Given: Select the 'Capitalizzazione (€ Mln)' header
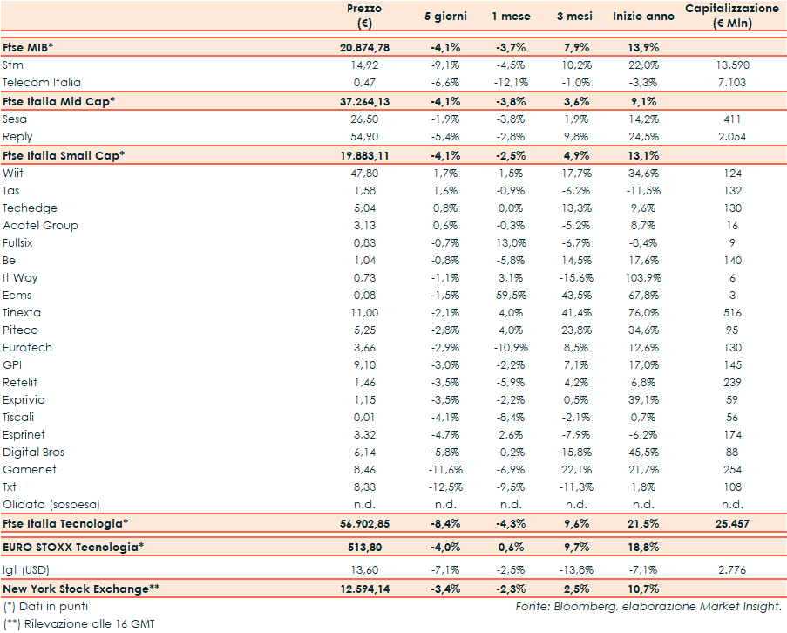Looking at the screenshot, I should [x=731, y=16].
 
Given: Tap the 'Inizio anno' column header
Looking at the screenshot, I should [x=643, y=17].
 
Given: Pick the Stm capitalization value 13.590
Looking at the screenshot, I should [x=732, y=65].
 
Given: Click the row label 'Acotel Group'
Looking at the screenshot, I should [x=40, y=225].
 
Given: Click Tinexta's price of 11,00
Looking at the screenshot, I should [x=363, y=312].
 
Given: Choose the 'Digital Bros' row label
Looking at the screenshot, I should [x=34, y=452].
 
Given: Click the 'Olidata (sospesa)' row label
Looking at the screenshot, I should [x=51, y=504].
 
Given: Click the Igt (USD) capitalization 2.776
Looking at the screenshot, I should [x=732, y=569].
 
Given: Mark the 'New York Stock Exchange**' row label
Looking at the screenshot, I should [x=81, y=589].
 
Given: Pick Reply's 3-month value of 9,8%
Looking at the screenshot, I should [x=578, y=137].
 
